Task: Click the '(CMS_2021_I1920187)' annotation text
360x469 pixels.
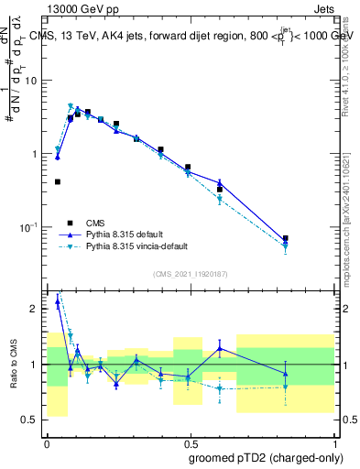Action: coord(190,274)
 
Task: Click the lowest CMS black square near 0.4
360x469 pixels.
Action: coord(58,181)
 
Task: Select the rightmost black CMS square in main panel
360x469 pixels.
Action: coord(286,238)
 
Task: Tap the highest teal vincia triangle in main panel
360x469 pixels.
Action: coord(71,106)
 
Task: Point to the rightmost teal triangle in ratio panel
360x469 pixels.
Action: coord(286,387)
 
